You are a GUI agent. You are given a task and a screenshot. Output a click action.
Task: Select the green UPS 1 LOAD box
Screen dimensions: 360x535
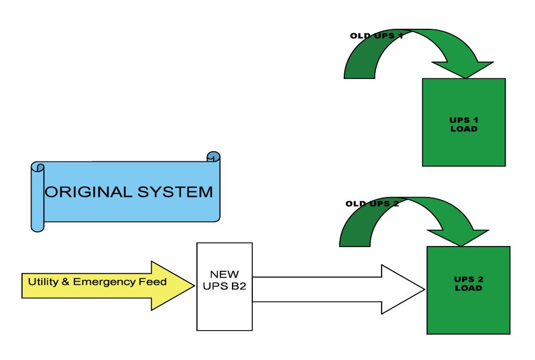(x=463, y=122)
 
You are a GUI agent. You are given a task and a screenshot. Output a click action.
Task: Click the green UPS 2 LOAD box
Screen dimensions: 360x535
(x=468, y=290)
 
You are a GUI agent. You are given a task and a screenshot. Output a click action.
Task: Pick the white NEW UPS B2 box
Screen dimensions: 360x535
(x=224, y=287)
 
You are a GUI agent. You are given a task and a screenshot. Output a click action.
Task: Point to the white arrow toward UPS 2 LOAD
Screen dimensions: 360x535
(x=339, y=289)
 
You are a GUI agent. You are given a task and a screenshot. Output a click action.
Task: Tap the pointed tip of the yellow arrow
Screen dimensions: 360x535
(x=191, y=286)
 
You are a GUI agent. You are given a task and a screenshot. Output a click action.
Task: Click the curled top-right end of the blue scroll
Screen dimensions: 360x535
(x=213, y=157)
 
